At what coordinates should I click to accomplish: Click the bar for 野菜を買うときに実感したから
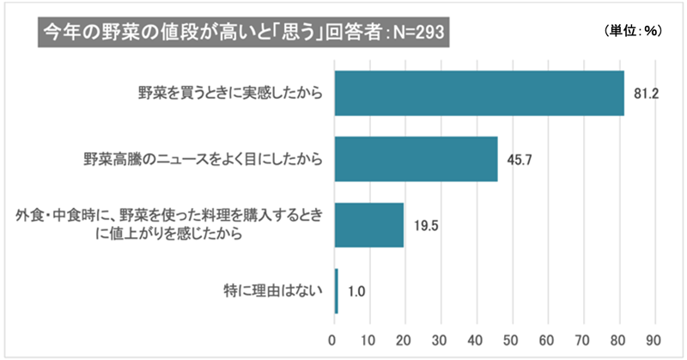point(478,92)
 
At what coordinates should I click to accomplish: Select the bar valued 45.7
point(416,159)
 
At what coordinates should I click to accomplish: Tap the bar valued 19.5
point(368,225)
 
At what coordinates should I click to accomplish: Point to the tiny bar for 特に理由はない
point(336,291)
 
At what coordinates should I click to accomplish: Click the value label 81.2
point(646,93)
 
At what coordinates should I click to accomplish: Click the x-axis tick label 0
point(333,337)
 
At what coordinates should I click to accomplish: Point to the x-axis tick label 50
point(513,337)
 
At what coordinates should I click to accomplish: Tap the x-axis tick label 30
point(441,337)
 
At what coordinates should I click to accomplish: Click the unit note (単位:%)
point(632,31)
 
